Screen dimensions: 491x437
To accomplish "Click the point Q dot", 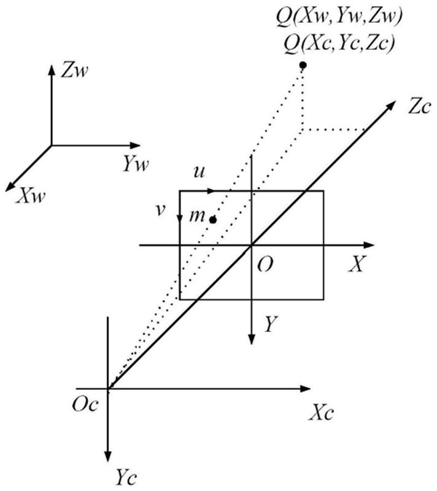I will click(302, 66).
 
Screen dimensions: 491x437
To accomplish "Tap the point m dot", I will click(213, 219).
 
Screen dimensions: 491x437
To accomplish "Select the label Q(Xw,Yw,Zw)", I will click(339, 18).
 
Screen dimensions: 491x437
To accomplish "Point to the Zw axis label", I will click(75, 71).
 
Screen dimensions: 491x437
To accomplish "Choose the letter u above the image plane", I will click(199, 172).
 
